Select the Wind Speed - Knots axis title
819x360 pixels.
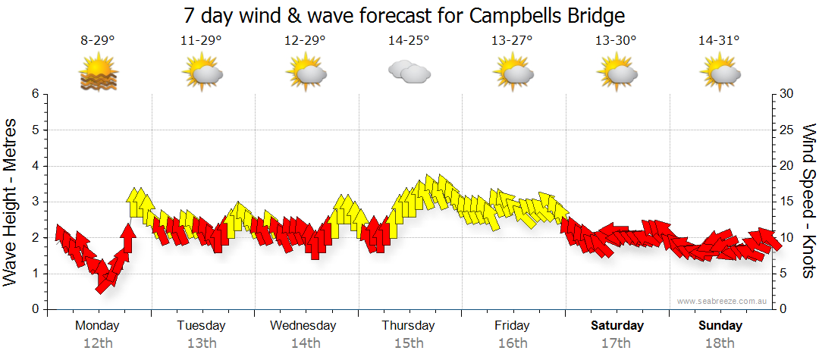click(x=808, y=201)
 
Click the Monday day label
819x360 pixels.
click(x=97, y=326)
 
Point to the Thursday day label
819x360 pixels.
click(x=408, y=326)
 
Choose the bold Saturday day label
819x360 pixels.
click(x=617, y=326)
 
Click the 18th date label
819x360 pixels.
click(x=720, y=343)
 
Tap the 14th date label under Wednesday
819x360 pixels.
click(x=305, y=343)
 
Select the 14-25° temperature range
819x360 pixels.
click(x=409, y=41)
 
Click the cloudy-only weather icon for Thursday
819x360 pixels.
click(x=409, y=73)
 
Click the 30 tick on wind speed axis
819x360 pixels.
click(x=787, y=94)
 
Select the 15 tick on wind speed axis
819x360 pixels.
click(x=787, y=202)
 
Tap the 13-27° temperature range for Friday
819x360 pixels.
click(x=512, y=41)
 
